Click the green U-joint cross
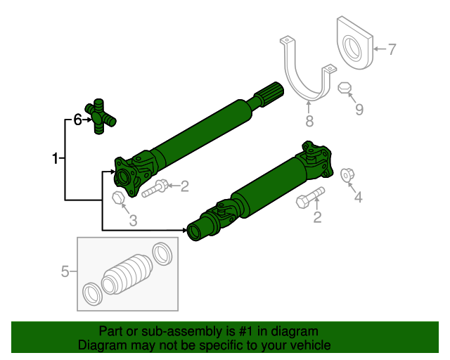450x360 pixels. pyautogui.click(x=101, y=115)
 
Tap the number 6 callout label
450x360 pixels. pyautogui.click(x=77, y=120)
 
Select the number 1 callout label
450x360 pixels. pyautogui.click(x=55, y=159)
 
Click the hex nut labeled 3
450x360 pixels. pyautogui.click(x=118, y=198)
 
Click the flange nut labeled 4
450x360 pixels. pyautogui.click(x=346, y=174)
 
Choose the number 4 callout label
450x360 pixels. pyautogui.click(x=358, y=198)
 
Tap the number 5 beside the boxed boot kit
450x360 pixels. pyautogui.click(x=65, y=271)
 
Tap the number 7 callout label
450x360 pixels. pyautogui.click(x=392, y=49)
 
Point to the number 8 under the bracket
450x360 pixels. pyautogui.click(x=309, y=122)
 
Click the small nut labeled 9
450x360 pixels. pyautogui.click(x=345, y=88)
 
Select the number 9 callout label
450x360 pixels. pyautogui.click(x=359, y=109)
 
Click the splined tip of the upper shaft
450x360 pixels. pyautogui.click(x=271, y=94)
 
